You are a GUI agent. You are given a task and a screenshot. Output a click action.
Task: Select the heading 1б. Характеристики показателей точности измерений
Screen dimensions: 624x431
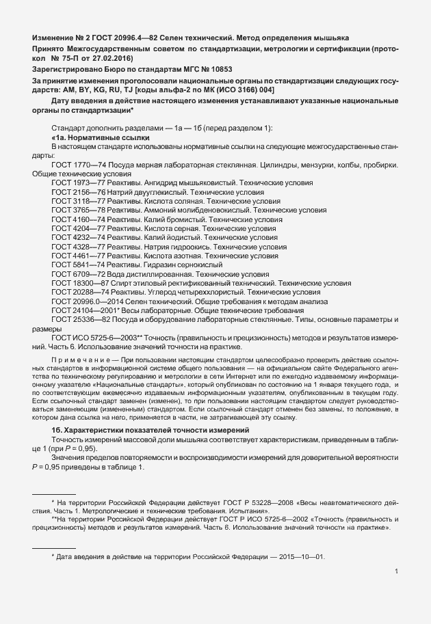click(x=149, y=428)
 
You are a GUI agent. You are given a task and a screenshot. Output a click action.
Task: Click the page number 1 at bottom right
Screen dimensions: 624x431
click(x=397, y=571)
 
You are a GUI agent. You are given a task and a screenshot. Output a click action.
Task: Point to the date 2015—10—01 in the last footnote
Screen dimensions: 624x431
click(x=305, y=557)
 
